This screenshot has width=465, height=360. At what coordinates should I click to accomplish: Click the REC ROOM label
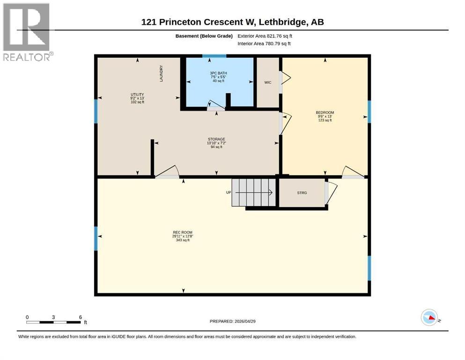tap(183, 232)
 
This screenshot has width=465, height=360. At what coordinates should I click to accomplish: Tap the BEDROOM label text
tap(325, 112)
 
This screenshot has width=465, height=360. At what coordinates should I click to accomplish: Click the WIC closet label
tap(268, 82)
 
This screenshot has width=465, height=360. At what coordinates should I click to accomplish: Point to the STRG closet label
tap(302, 193)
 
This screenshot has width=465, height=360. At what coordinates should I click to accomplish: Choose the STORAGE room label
tap(216, 139)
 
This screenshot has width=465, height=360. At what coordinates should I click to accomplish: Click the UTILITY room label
tap(137, 94)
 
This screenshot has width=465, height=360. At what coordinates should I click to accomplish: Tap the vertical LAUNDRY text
tap(161, 74)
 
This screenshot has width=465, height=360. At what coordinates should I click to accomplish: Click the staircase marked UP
tap(253, 192)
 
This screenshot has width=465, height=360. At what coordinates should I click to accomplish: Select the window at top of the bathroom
tap(214, 56)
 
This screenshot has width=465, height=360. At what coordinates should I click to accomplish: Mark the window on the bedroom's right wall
tap(369, 112)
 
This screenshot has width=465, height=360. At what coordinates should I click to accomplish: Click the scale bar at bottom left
tap(53, 322)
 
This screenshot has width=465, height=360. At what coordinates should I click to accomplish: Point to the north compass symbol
tap(429, 318)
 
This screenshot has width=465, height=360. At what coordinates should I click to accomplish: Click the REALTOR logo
tap(27, 32)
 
